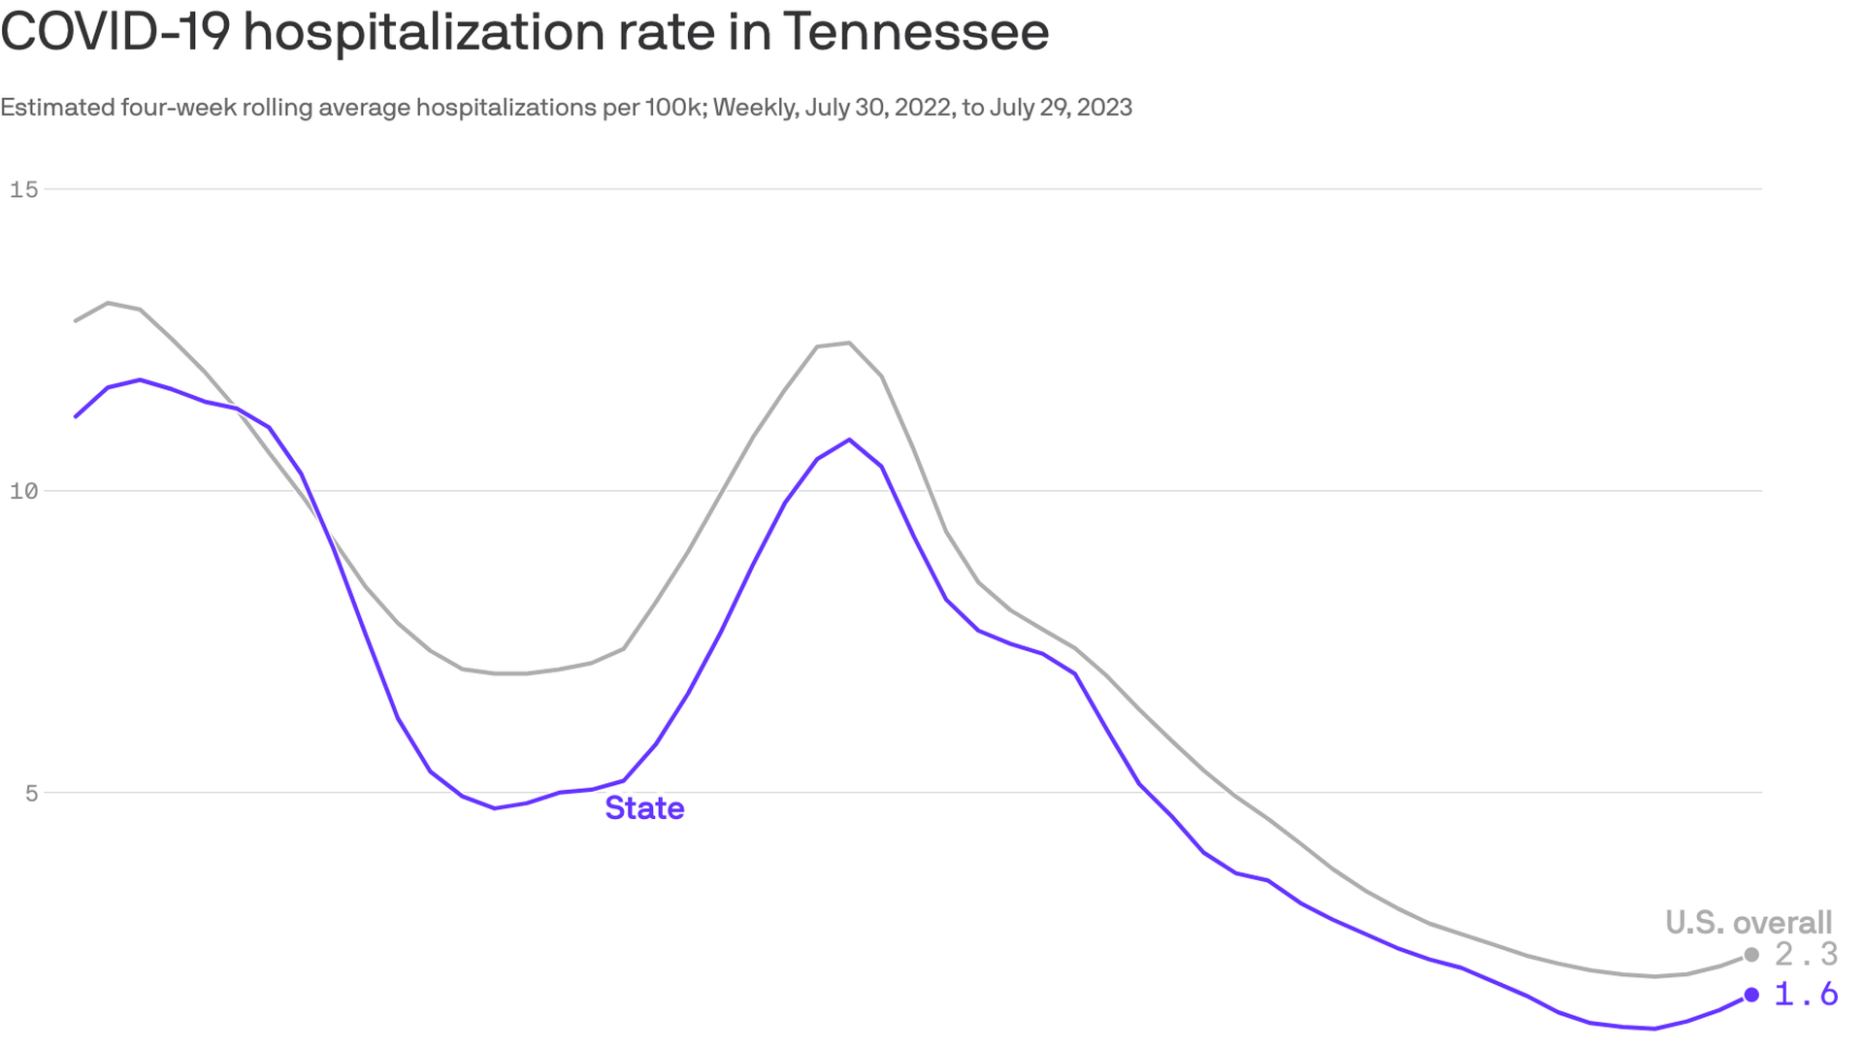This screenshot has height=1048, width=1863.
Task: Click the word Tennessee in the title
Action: (915, 31)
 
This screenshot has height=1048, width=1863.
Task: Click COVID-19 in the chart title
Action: (115, 31)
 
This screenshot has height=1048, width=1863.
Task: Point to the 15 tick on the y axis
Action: (24, 189)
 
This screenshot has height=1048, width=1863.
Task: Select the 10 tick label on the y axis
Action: (24, 491)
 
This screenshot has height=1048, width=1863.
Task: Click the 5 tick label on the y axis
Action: (32, 793)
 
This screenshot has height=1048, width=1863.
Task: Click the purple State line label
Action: (644, 808)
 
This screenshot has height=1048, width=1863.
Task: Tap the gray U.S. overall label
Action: (1749, 922)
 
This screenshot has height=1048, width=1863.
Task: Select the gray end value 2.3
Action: (1806, 955)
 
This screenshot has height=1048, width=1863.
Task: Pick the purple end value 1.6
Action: (1806, 994)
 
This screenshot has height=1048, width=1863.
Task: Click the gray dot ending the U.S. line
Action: (1751, 955)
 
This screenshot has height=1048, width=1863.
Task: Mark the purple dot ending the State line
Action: (1751, 995)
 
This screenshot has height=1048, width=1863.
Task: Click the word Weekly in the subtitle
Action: (756, 107)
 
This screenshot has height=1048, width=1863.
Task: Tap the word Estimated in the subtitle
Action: (57, 107)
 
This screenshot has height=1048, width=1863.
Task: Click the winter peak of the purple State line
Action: (849, 440)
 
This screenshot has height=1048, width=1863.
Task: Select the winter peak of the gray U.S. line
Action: (849, 343)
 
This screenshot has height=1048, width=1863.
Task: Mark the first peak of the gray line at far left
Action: (108, 303)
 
